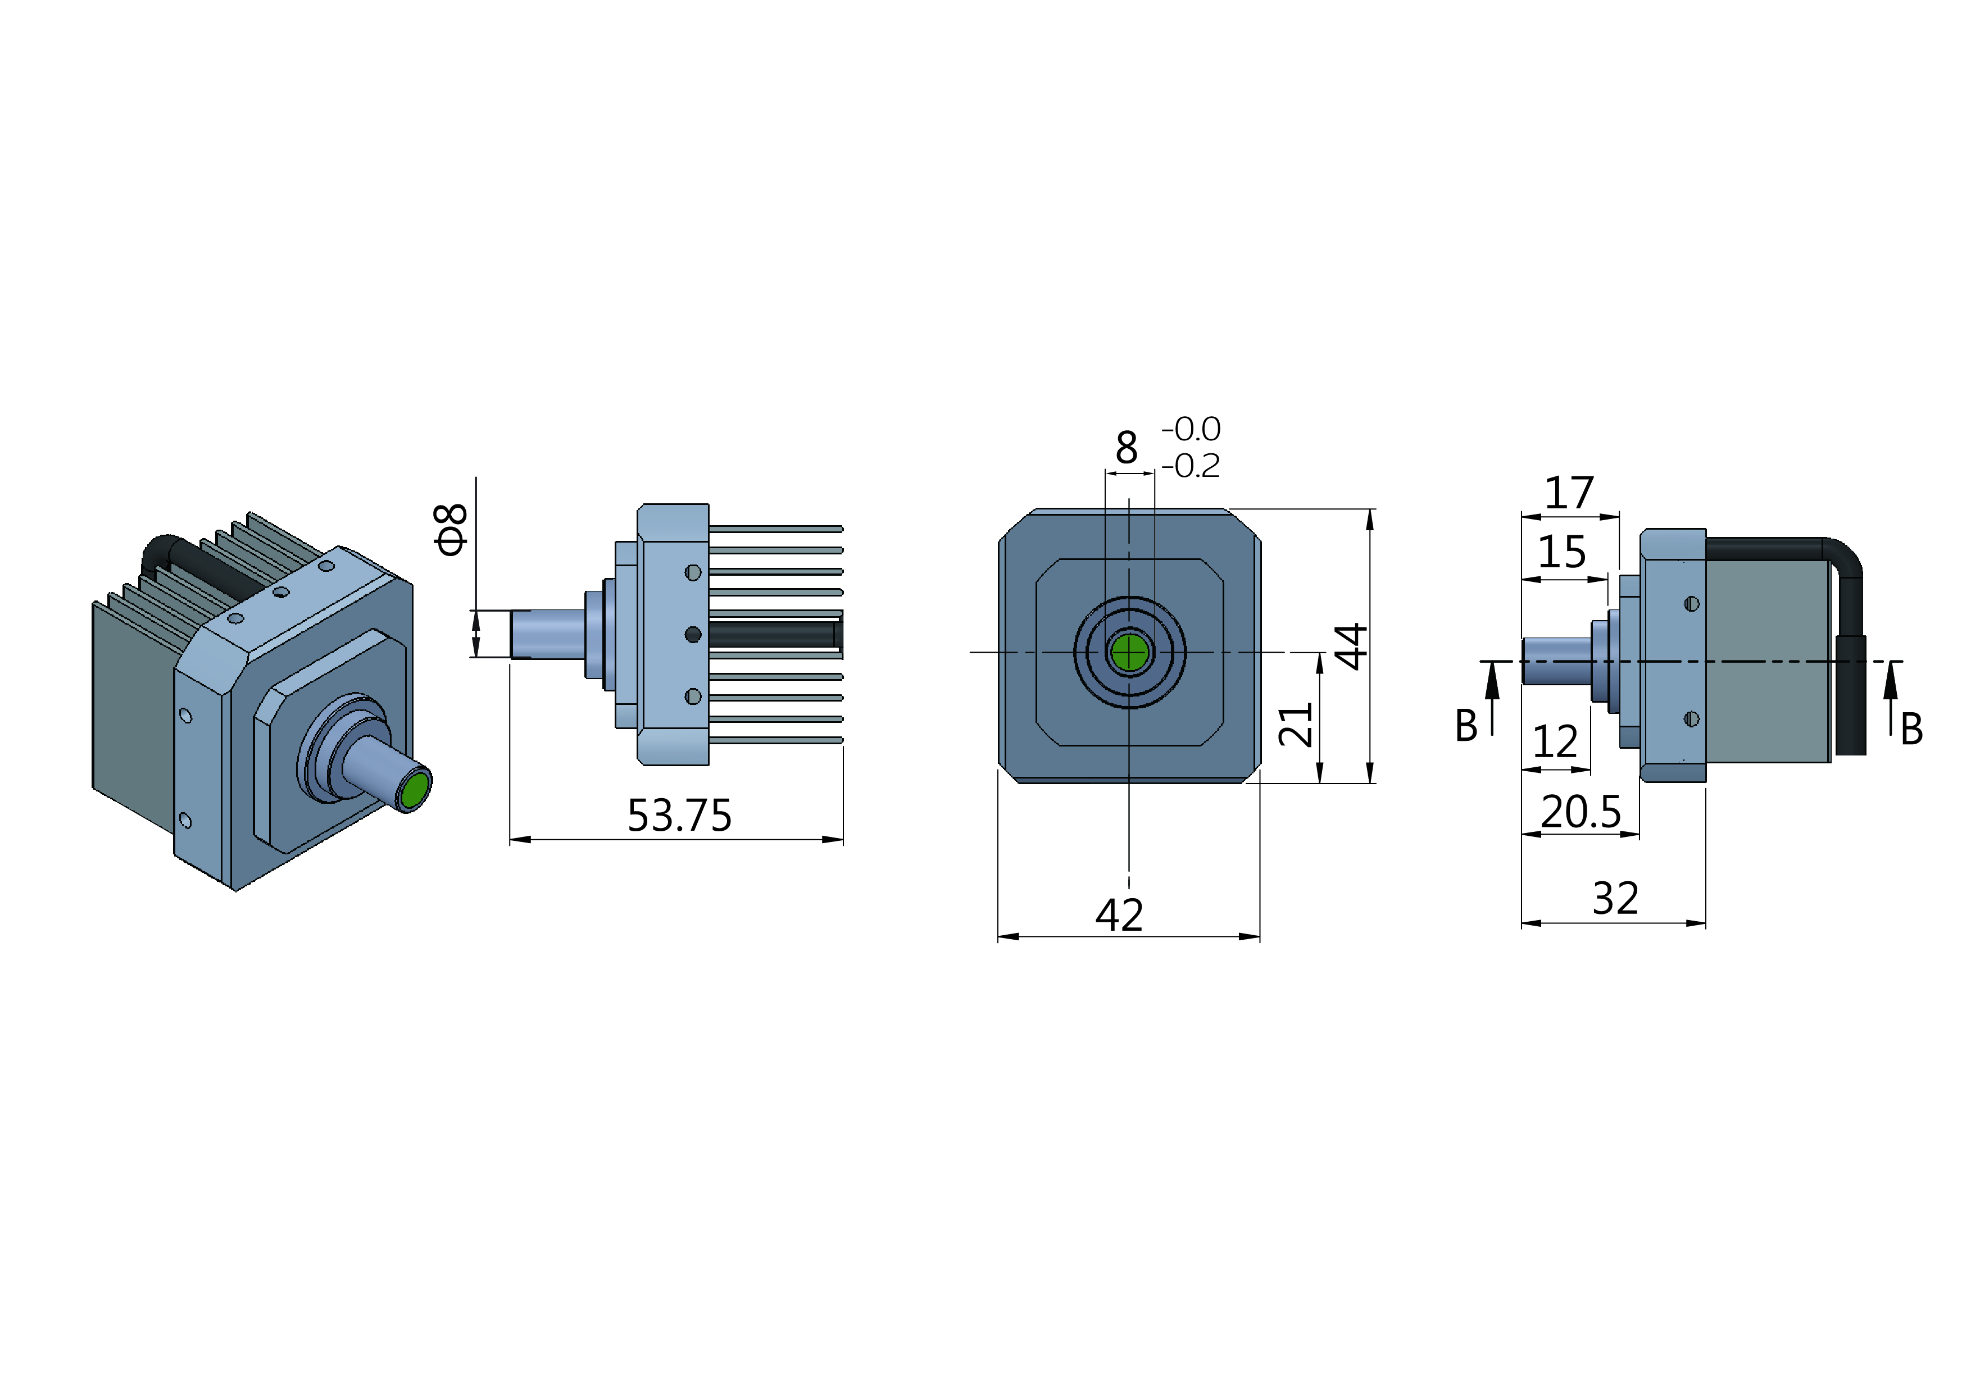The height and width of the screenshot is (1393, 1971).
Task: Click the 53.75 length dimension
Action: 679,816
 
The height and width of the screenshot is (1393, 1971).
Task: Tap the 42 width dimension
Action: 1119,915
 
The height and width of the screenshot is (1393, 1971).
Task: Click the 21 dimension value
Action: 1296,725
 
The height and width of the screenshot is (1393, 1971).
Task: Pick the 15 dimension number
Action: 1561,552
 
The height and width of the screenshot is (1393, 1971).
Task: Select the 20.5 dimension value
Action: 1581,812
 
